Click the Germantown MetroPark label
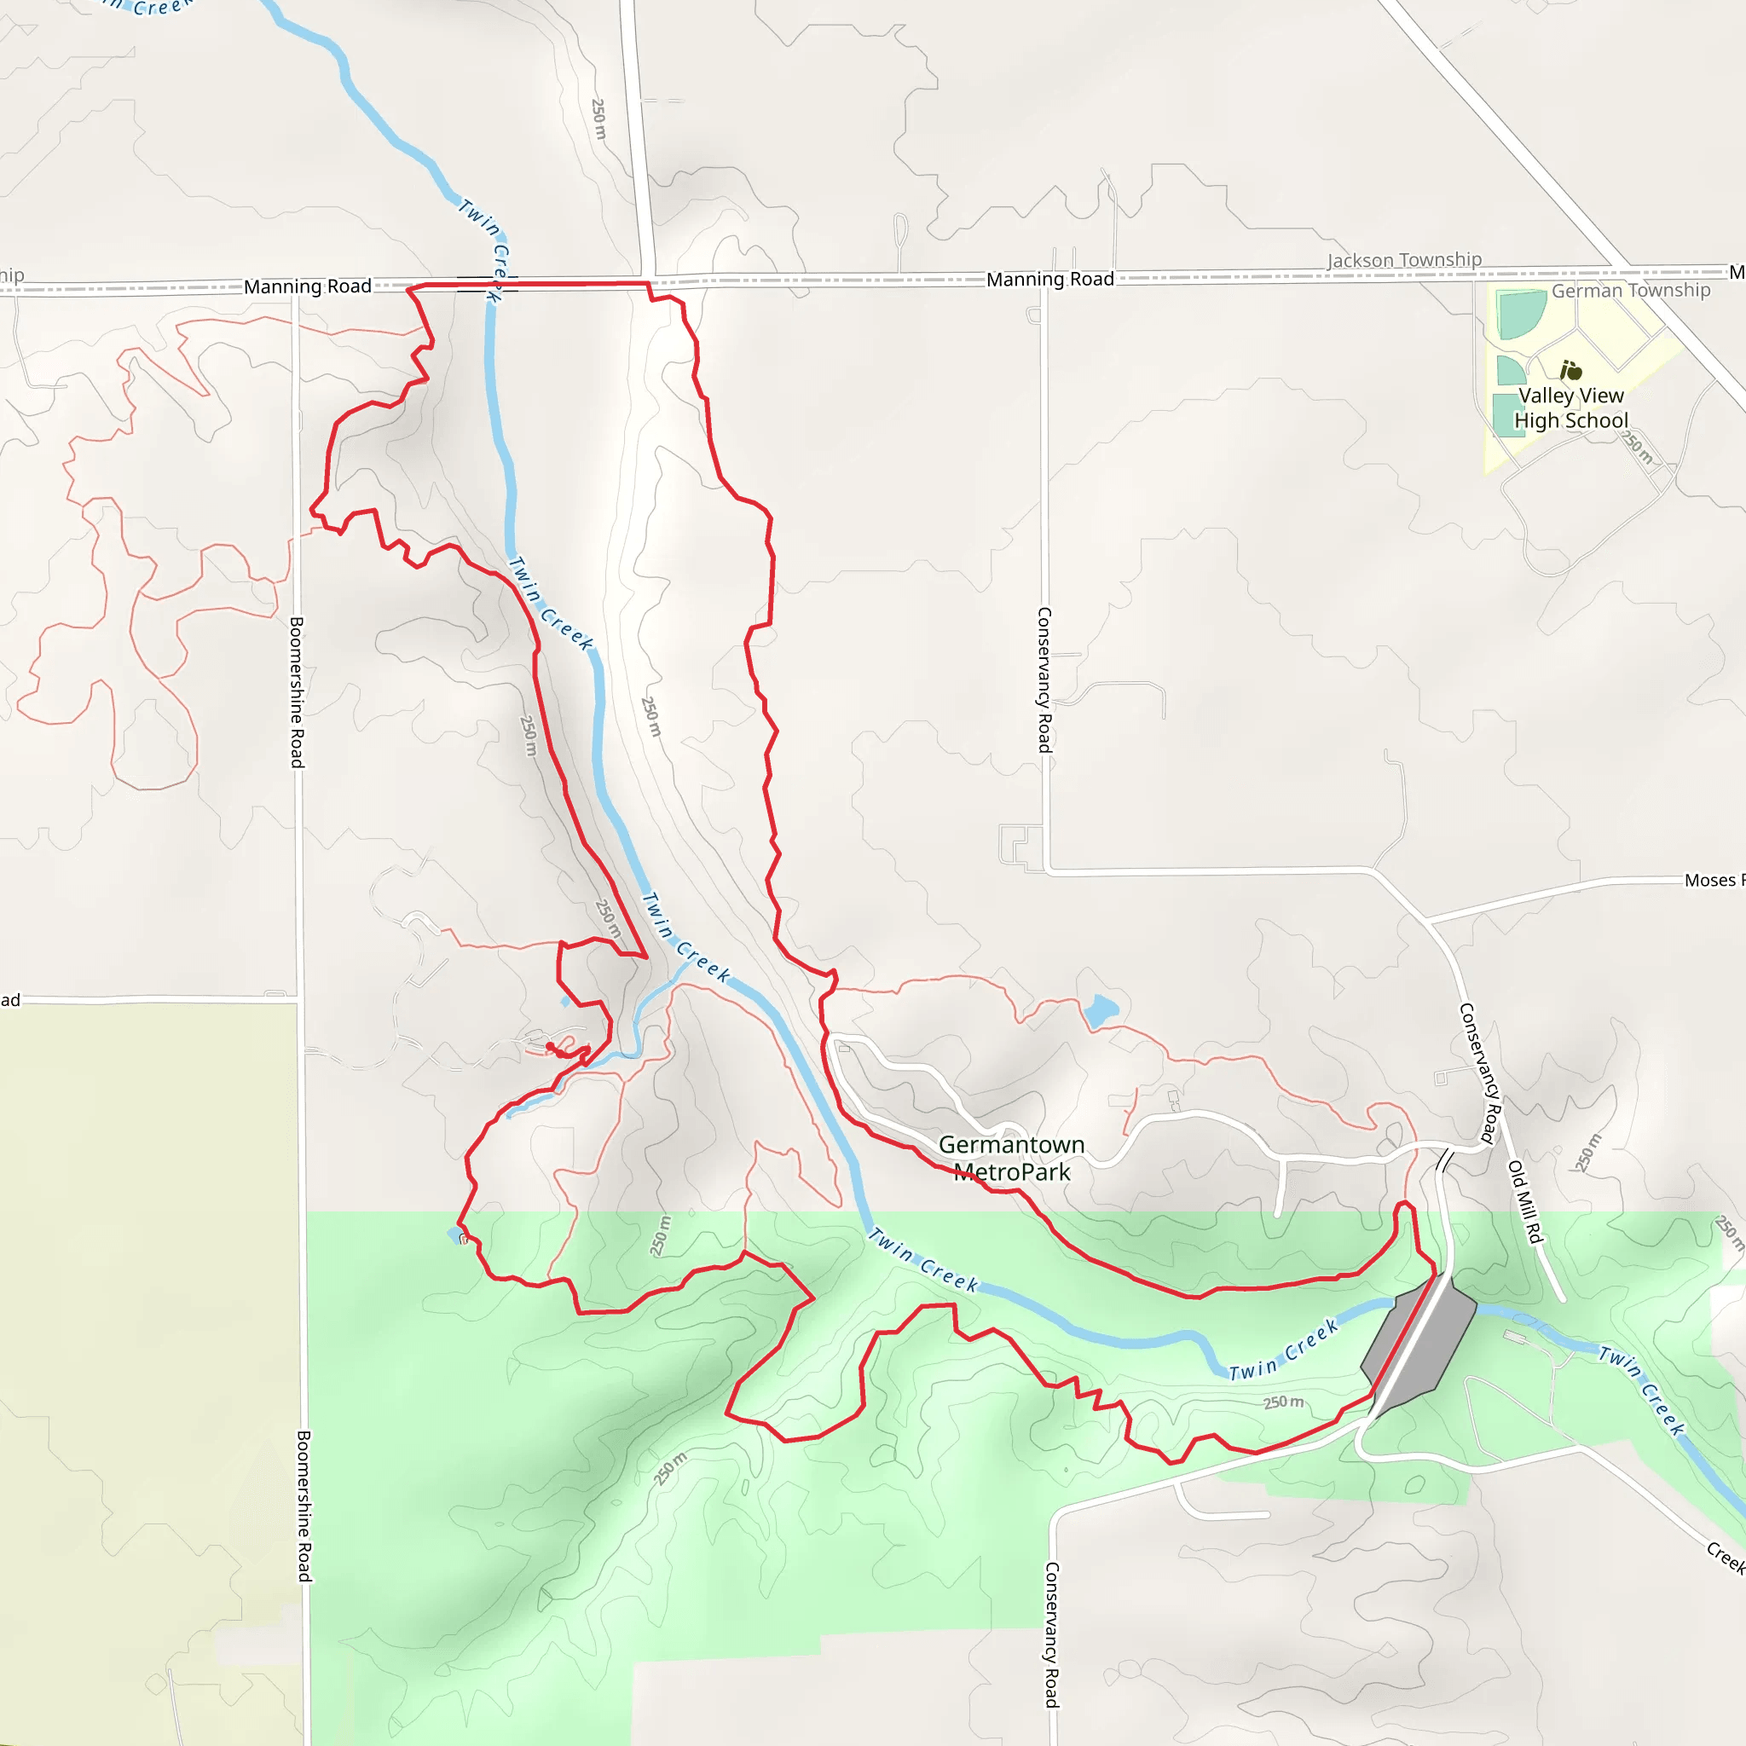1011,1158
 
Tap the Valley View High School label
1570,408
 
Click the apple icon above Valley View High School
1570,370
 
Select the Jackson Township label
1404,260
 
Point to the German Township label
1630,290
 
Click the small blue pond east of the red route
1101,1009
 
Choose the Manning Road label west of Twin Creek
307,286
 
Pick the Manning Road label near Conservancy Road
1049,280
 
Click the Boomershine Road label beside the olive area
304,1506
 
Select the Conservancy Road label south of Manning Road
1044,679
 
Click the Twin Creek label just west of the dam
1283,1350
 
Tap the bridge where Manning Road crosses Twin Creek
488,285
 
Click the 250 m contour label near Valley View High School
1637,448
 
